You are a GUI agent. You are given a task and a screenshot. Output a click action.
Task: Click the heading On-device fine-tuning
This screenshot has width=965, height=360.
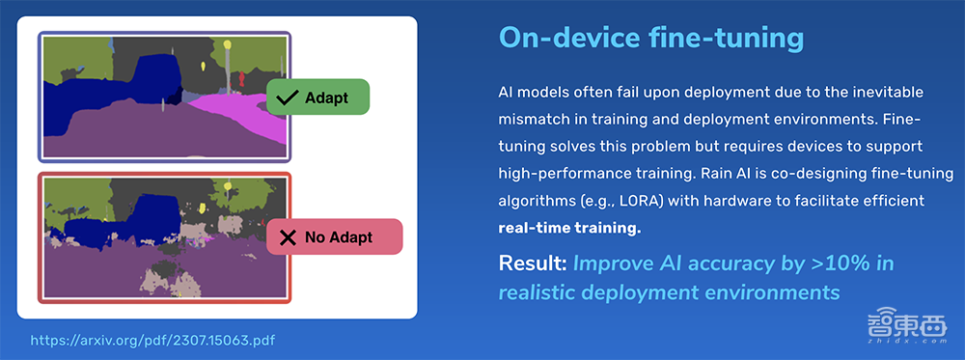651,39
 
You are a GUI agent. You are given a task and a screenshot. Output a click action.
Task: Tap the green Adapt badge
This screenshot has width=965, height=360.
317,97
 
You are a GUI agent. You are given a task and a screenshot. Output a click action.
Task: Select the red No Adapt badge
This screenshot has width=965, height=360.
334,236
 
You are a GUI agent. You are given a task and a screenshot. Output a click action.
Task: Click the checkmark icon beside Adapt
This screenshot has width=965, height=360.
288,97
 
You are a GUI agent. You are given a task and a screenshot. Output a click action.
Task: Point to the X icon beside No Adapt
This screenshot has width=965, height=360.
288,236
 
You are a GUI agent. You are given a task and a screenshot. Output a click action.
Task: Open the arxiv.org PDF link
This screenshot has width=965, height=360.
152,340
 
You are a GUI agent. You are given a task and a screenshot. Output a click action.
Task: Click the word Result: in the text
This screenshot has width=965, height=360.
533,264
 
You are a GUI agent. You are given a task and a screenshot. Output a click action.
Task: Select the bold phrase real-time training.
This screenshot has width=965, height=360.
569,229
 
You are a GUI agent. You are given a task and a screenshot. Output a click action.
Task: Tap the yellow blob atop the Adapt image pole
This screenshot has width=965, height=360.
227,45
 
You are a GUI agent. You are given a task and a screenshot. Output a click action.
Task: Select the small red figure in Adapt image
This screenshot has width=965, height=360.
241,78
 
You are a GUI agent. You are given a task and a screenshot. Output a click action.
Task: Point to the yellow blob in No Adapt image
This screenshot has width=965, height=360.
228,186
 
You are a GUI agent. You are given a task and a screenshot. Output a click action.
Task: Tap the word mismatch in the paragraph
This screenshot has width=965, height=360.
529,120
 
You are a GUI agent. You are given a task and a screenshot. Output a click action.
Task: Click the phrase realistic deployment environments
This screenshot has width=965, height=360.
669,291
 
